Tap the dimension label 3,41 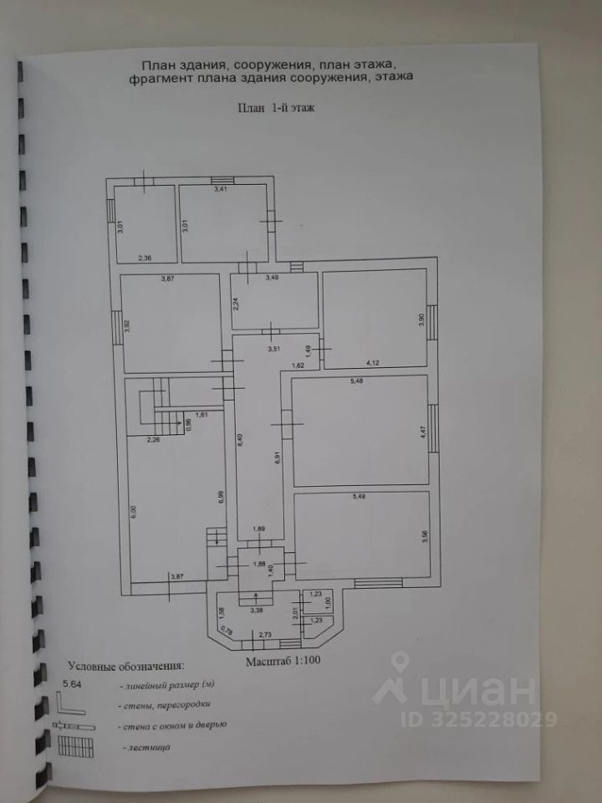(x=221, y=191)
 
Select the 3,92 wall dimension (x=127, y=325)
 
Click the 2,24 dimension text (x=237, y=305)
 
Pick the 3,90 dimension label (x=422, y=318)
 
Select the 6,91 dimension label (x=275, y=459)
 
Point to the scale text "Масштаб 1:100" (x=283, y=661)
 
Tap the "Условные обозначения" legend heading (x=125, y=667)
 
